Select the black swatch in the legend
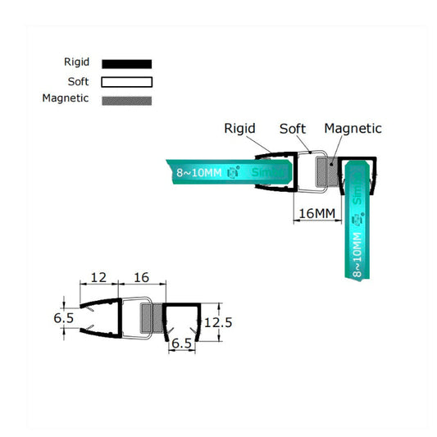[127, 63]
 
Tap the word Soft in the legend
[78, 80]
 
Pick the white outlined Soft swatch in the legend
[127, 81]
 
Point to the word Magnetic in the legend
[66, 98]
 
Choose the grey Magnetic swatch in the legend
[127, 100]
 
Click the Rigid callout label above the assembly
[240, 128]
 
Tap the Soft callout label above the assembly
[293, 128]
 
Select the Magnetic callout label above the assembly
[353, 128]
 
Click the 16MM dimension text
[316, 214]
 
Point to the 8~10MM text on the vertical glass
[357, 254]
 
